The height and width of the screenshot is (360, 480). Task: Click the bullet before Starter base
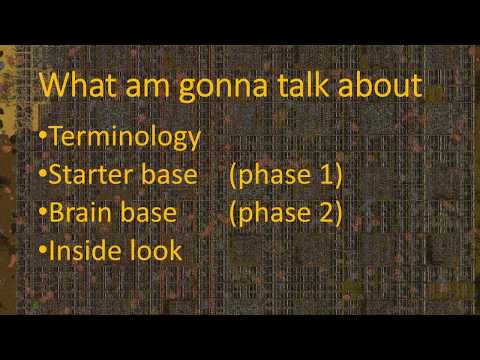(43, 176)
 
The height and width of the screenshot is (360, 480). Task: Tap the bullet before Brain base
(43, 212)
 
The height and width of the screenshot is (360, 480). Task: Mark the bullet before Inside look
(43, 249)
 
